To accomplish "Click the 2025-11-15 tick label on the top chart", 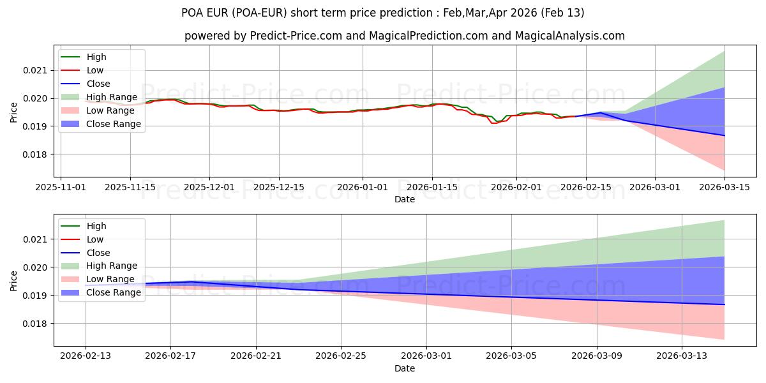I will [130, 187].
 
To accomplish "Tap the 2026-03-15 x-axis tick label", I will [725, 187].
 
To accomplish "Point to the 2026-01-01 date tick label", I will [363, 187].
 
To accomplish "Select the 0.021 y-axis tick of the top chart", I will [36, 70].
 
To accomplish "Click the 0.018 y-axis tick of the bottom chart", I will [36, 324].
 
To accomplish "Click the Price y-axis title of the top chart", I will [13, 112].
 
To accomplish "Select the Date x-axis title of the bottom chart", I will [405, 368].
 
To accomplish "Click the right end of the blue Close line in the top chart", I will [725, 135].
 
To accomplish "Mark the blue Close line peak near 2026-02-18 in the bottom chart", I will [191, 282].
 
